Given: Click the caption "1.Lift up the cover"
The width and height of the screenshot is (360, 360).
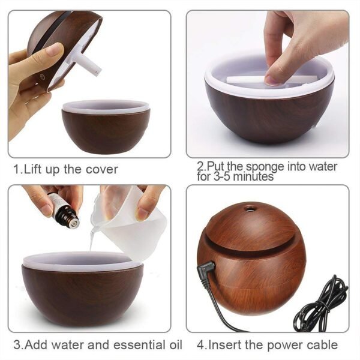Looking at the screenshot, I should [66, 170].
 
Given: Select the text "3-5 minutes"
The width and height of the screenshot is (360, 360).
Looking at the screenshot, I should [242, 177].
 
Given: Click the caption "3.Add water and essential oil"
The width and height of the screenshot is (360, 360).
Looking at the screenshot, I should [98, 345].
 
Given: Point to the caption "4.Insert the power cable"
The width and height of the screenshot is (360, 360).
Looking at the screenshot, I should [267, 345].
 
